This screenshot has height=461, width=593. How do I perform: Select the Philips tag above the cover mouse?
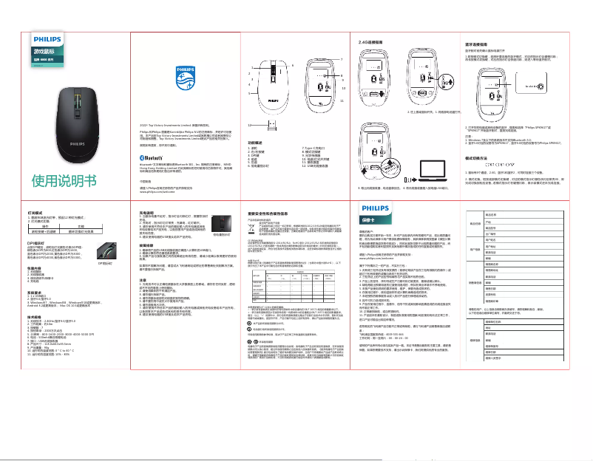[47, 44]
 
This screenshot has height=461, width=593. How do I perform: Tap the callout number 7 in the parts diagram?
[342, 58]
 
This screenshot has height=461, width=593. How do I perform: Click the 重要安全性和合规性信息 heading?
[272, 213]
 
